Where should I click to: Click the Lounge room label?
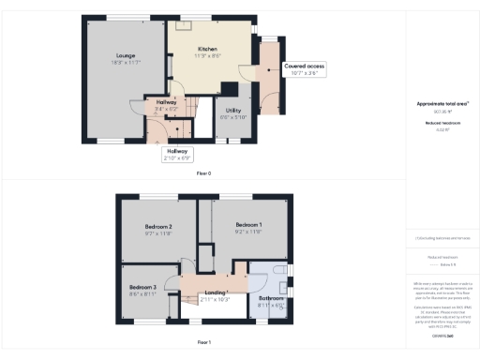[112, 55]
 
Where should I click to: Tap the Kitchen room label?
[207, 49]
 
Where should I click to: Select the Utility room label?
[232, 110]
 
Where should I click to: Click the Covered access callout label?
[305, 67]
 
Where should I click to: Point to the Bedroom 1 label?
[248, 225]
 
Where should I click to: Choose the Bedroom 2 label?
[157, 228]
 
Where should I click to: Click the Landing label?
[216, 292]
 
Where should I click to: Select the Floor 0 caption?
[203, 173]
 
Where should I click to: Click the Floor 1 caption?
[203, 343]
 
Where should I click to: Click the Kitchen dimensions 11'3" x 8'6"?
[208, 55]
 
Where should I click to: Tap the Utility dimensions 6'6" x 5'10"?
[232, 116]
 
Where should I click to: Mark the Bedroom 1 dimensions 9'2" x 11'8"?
[248, 232]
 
